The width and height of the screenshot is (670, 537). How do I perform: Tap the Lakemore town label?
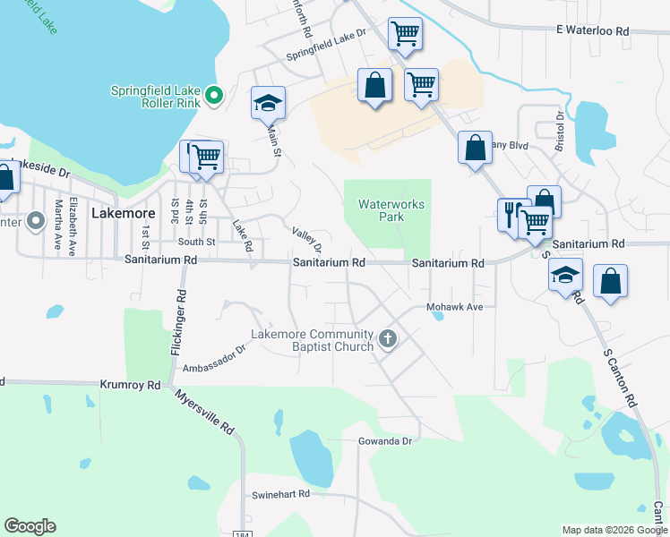click(x=124, y=214)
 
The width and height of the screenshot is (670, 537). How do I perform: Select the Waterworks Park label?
click(x=391, y=210)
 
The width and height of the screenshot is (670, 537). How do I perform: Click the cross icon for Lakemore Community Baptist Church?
click(x=388, y=338)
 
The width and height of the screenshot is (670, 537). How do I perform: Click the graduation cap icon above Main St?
click(x=268, y=103)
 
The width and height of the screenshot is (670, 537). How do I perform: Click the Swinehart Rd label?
click(x=280, y=493)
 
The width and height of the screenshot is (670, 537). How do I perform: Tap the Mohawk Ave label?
click(x=454, y=307)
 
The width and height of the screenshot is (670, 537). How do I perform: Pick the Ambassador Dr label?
click(x=214, y=360)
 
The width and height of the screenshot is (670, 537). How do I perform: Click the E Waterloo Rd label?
click(x=592, y=30)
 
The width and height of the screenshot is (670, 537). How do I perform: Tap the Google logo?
click(x=30, y=526)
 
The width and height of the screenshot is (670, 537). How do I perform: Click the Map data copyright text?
click(x=614, y=530)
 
